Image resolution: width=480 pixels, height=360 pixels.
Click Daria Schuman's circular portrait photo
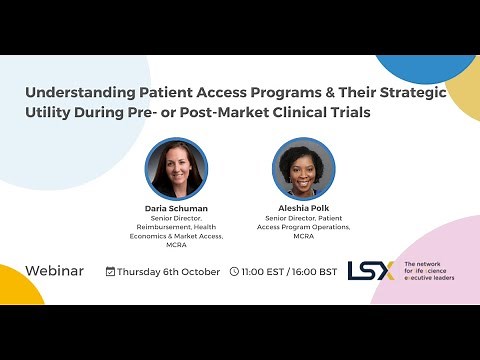pos(176,168)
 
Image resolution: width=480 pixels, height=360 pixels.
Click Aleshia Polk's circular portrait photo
pos(303,168)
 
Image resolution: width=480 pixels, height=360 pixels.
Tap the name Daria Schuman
pos(176,208)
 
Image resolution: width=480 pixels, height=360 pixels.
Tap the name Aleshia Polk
pos(303,208)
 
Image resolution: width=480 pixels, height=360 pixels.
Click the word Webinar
pos(54,271)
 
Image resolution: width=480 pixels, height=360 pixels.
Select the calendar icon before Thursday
pos(110,271)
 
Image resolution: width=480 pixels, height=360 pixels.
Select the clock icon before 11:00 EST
pos(234,271)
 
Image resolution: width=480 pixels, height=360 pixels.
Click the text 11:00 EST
pos(262,271)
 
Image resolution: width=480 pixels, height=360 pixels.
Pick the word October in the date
pos(198,271)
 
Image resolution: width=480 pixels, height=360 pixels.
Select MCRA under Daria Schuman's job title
pos(176,245)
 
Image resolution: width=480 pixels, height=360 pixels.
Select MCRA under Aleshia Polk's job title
pos(303,236)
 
